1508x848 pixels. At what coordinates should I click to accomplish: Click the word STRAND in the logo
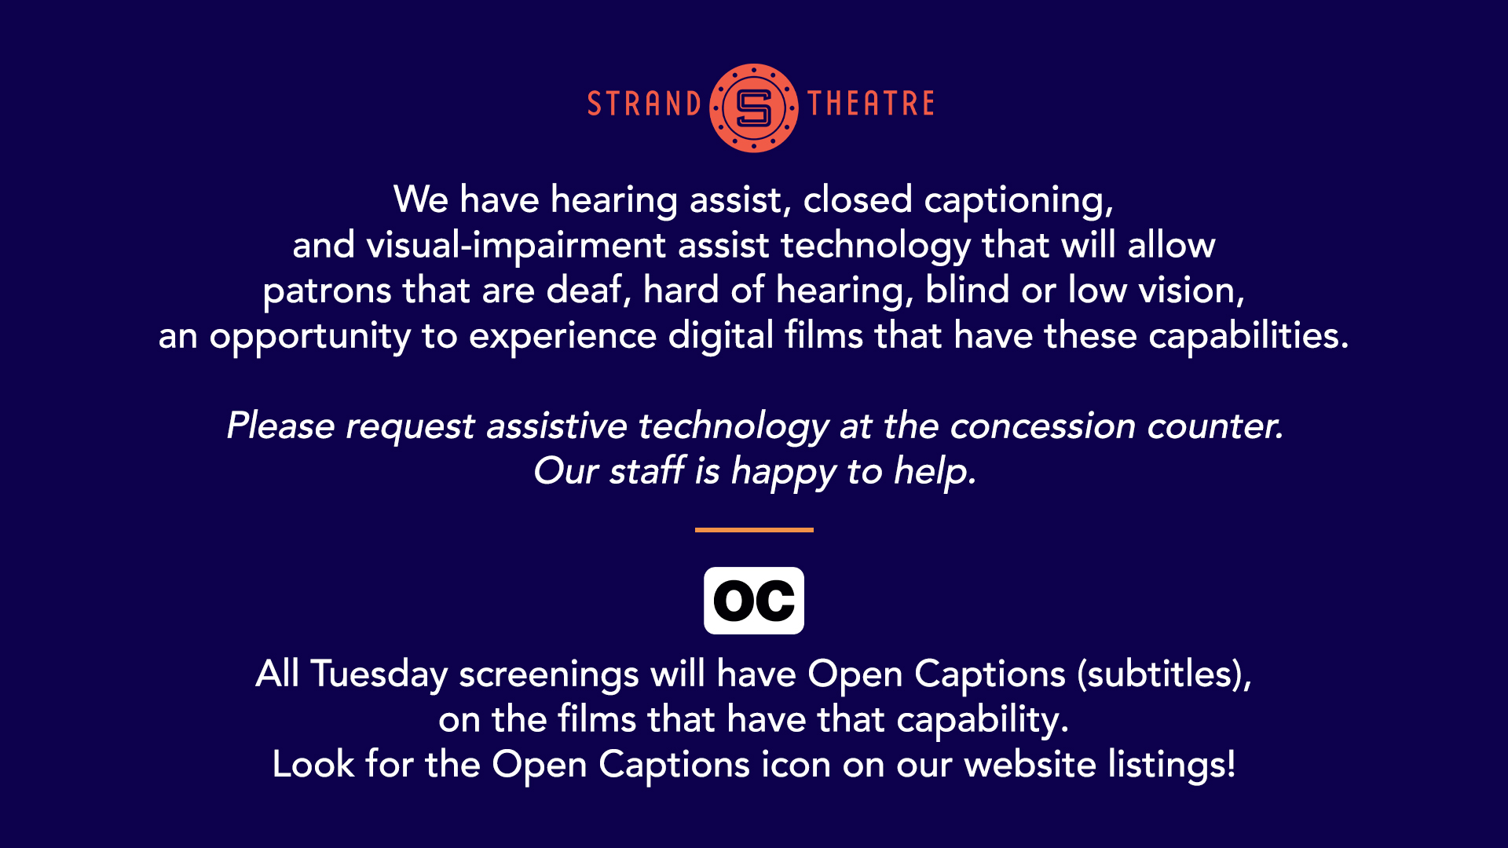click(644, 104)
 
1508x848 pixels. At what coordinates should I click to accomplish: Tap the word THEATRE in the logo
click(871, 104)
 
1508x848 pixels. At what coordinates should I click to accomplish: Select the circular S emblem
click(754, 108)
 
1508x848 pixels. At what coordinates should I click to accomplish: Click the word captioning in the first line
click(1019, 201)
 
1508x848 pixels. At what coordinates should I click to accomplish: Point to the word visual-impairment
click(516, 246)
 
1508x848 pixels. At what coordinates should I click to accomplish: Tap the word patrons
click(327, 292)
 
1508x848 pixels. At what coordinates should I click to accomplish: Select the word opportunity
click(309, 337)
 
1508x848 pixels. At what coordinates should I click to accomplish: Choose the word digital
click(721, 335)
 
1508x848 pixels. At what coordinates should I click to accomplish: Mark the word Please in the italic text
click(280, 426)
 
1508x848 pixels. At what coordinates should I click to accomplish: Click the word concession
click(1042, 426)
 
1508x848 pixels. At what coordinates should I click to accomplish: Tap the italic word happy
click(783, 473)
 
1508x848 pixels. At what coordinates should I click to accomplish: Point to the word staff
click(647, 470)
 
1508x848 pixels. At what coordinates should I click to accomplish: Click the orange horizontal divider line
click(754, 530)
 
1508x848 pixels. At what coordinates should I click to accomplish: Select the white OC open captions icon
click(754, 601)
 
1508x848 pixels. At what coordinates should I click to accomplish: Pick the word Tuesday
click(379, 674)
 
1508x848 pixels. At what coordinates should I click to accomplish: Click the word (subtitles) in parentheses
click(1164, 674)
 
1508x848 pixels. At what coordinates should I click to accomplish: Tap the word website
click(1030, 764)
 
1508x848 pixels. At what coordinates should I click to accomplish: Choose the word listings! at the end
click(1172, 765)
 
